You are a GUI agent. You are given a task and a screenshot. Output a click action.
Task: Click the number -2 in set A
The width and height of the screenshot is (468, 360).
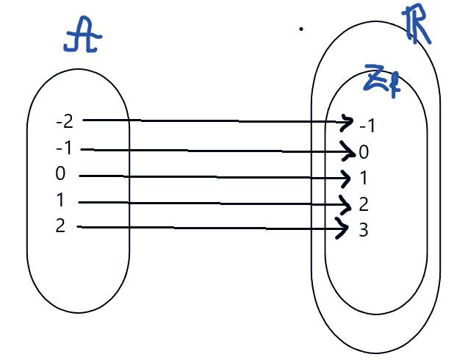64,120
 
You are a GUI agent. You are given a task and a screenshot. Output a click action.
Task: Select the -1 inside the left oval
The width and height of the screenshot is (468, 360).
64,149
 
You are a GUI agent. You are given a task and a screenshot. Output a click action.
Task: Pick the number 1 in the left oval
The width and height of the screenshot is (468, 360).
60,201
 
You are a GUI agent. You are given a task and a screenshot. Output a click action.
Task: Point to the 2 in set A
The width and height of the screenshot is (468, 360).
60,226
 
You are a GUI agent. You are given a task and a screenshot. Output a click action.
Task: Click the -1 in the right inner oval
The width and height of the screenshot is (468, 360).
367,126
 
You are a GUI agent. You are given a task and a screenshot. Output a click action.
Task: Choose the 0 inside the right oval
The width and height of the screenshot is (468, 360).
364,152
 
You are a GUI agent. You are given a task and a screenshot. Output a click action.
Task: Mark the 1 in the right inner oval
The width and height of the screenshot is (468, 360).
364,179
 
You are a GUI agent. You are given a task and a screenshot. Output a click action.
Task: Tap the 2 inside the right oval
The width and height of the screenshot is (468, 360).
364,204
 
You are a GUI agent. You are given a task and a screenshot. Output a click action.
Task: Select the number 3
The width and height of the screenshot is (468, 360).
363,230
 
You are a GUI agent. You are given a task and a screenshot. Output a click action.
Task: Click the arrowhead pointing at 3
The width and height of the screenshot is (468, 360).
343,229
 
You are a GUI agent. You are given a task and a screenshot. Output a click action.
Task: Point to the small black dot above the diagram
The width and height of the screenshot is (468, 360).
301,29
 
